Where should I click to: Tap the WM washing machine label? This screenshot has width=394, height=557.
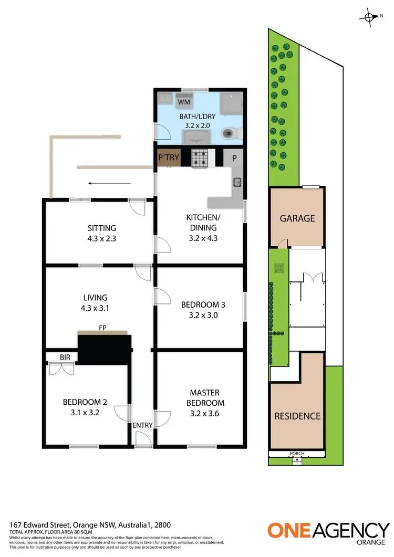[x=183, y=101]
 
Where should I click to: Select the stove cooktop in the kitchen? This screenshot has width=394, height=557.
[x=200, y=159]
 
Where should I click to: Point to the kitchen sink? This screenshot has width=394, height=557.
[x=237, y=182]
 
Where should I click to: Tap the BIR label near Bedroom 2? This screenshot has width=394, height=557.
[x=65, y=357]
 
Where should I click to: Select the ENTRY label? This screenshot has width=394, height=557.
[x=142, y=425]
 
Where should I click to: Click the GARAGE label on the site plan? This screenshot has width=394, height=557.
[x=297, y=218]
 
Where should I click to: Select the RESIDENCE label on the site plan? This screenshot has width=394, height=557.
[x=297, y=416]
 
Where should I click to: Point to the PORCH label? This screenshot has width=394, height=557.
[x=297, y=454]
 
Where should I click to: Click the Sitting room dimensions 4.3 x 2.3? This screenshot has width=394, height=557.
[x=102, y=238]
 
